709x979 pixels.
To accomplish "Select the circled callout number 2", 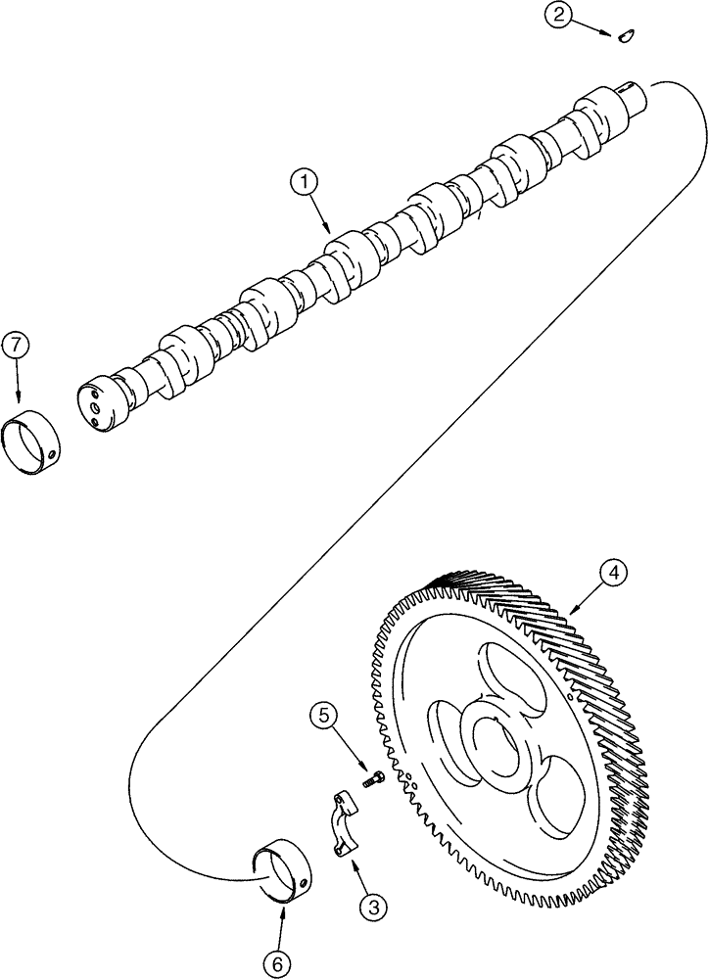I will tap(557, 15).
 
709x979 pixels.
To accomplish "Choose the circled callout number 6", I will tap(276, 964).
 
